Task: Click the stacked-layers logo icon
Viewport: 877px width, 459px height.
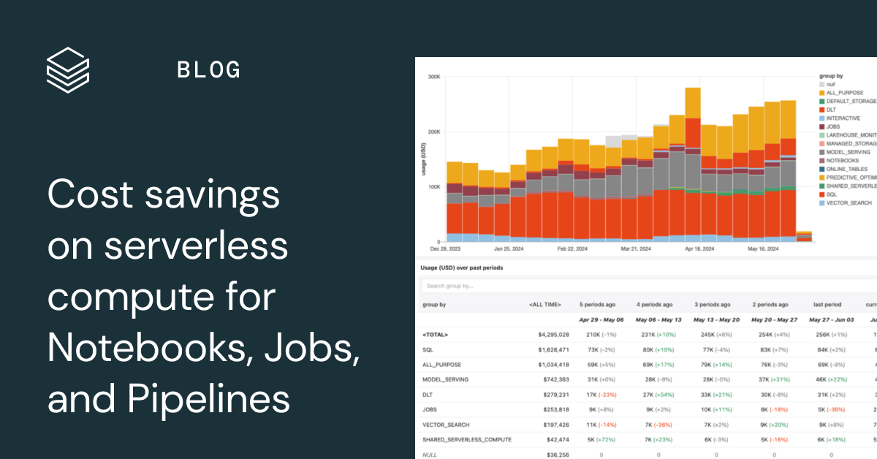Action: [x=67, y=69]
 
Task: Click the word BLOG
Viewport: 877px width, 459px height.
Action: [x=209, y=70]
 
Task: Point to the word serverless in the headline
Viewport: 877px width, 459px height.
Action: [x=196, y=247]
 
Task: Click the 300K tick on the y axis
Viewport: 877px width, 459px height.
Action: [x=433, y=77]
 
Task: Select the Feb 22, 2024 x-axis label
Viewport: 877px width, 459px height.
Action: [x=572, y=249]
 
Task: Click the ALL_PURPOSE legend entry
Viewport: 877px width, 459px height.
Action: [x=844, y=93]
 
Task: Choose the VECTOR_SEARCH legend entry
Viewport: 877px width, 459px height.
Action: [x=848, y=202]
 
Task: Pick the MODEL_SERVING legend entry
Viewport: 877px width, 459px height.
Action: [x=848, y=152]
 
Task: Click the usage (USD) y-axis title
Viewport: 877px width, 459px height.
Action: [x=424, y=159]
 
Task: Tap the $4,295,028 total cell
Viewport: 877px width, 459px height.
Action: [x=553, y=335]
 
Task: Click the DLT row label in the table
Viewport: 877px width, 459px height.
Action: [x=428, y=395]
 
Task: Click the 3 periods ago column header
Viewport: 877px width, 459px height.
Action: [x=712, y=304]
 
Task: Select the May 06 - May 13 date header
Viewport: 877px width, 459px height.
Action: [x=658, y=319]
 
